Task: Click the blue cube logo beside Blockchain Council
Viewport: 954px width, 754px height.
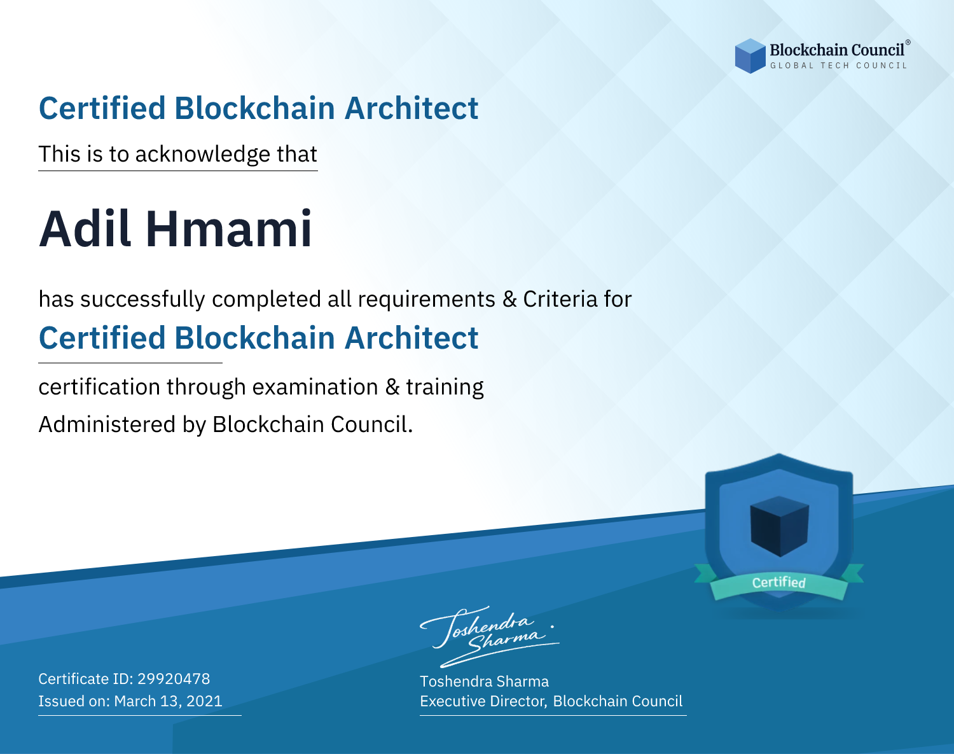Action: coord(750,56)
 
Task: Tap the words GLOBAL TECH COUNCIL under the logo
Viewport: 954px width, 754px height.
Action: coord(839,66)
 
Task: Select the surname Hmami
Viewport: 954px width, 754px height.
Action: coord(229,229)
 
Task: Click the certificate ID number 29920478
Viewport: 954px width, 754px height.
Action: coord(174,678)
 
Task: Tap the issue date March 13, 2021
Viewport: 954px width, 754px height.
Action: coord(168,701)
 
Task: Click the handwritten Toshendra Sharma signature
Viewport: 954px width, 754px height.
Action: coord(490,636)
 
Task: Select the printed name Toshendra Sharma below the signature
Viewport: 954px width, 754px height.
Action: coord(484,681)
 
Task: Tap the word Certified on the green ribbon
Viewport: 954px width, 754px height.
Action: coord(779,582)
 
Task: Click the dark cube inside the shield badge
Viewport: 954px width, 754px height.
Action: coord(779,526)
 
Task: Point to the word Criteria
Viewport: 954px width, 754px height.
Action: coord(560,299)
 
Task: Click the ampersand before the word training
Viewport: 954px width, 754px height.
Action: coord(392,387)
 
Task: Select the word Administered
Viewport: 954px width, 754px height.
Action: coord(107,424)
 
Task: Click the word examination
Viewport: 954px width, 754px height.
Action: coord(315,387)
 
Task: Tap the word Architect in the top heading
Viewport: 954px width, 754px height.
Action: coord(411,108)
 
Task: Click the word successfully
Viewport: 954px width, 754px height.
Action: coord(142,300)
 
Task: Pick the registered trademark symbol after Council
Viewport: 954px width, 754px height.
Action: coord(908,43)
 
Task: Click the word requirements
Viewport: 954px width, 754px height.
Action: coord(427,300)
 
